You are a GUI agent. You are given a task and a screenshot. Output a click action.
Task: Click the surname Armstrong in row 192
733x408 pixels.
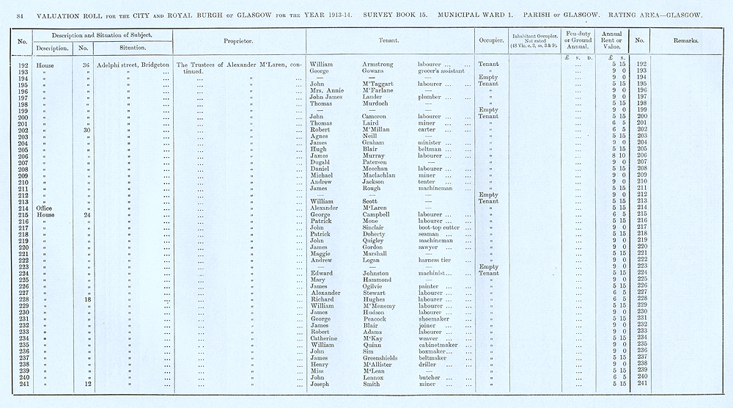click(382, 65)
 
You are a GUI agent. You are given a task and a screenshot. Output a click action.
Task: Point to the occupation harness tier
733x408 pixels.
click(436, 260)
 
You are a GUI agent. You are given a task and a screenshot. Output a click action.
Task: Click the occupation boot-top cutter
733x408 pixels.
click(440, 227)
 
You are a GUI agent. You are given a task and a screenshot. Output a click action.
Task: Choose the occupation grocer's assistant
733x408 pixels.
click(441, 71)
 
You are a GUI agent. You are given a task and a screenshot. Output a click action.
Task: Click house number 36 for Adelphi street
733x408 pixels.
click(87, 65)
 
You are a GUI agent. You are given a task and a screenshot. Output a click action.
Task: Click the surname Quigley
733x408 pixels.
click(377, 240)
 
